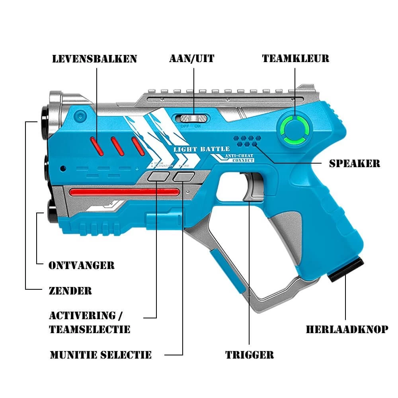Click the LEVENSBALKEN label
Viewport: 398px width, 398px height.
click(x=94, y=59)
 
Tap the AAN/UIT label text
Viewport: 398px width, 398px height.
click(x=192, y=59)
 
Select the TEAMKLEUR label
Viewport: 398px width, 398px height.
click(x=295, y=59)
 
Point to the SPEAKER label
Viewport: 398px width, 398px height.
click(x=355, y=163)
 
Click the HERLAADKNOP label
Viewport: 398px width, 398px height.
click(x=347, y=330)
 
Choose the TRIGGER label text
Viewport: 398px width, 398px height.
click(x=250, y=355)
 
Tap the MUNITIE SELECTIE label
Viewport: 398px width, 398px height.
click(x=101, y=355)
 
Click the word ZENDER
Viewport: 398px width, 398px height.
click(x=70, y=291)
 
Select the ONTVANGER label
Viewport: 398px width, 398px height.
click(x=82, y=265)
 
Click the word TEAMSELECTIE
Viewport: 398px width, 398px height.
click(x=90, y=330)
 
